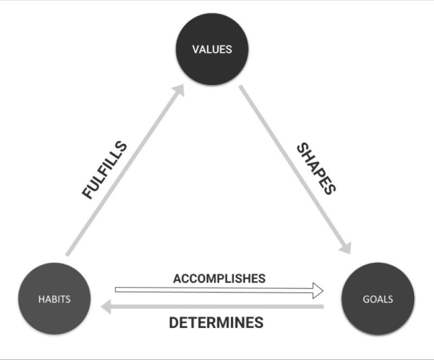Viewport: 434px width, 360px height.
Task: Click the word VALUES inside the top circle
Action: (x=212, y=49)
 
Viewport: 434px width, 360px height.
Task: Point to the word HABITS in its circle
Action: (x=54, y=299)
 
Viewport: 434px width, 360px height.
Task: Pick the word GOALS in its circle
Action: (x=378, y=299)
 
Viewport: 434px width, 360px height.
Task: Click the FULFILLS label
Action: (x=105, y=170)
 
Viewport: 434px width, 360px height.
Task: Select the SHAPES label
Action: (x=316, y=169)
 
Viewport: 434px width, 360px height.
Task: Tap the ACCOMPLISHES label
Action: (x=219, y=279)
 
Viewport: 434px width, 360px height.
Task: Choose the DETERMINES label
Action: (x=216, y=323)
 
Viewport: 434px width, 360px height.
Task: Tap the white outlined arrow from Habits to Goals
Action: (x=217, y=291)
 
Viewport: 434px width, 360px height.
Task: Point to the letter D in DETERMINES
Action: (x=174, y=323)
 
